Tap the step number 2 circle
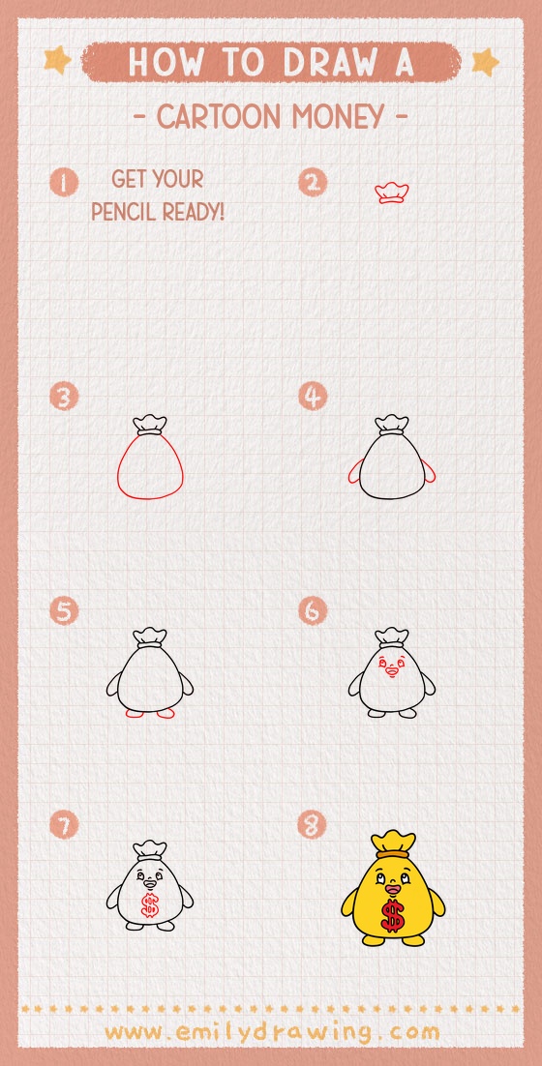(x=313, y=182)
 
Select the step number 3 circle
(x=65, y=397)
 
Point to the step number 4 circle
(x=313, y=397)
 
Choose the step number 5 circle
(x=65, y=611)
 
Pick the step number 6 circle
(x=313, y=611)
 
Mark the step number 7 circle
(x=65, y=825)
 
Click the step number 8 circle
(x=313, y=825)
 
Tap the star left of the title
(x=58, y=61)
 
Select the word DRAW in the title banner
(x=327, y=62)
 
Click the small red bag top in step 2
(x=391, y=192)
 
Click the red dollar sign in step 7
(x=149, y=905)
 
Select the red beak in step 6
(x=391, y=669)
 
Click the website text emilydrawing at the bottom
(x=271, y=1031)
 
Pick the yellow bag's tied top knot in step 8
(x=392, y=843)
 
